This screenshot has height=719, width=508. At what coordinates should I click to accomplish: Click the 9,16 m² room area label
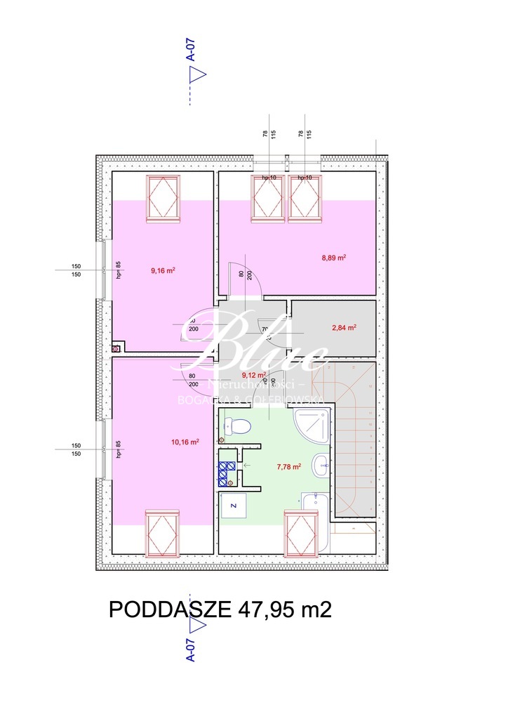click(163, 270)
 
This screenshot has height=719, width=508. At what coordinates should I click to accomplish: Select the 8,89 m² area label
click(334, 258)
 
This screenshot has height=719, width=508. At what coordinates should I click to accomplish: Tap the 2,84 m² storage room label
click(344, 327)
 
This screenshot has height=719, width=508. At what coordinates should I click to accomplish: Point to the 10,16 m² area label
click(185, 442)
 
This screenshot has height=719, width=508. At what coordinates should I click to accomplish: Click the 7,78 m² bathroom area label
click(288, 466)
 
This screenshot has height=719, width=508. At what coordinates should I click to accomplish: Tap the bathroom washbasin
click(322, 463)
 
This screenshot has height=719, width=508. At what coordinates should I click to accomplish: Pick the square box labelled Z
click(234, 505)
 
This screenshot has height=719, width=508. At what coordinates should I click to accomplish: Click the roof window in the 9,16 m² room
click(163, 198)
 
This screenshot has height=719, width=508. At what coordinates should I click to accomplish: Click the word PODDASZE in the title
click(168, 609)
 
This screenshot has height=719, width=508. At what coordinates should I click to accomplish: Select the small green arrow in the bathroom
click(245, 465)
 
